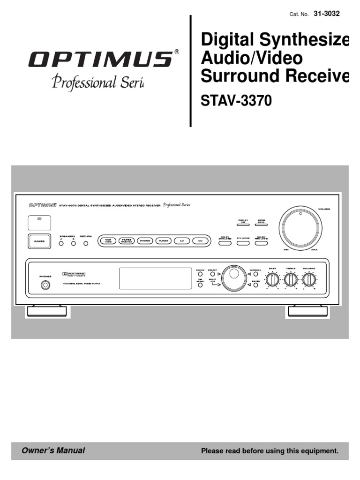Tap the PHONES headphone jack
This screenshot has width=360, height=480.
tap(45, 285)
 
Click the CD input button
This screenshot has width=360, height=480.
tap(200, 241)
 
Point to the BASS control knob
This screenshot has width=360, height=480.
tap(272, 280)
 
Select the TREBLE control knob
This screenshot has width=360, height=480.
tap(291, 280)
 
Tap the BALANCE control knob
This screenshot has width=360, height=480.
tap(308, 280)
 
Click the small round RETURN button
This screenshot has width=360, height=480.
tap(86, 243)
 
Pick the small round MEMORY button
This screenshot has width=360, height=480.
tap(256, 274)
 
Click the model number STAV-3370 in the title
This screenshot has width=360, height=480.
tap(236, 101)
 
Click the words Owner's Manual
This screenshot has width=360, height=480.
tap(53, 451)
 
